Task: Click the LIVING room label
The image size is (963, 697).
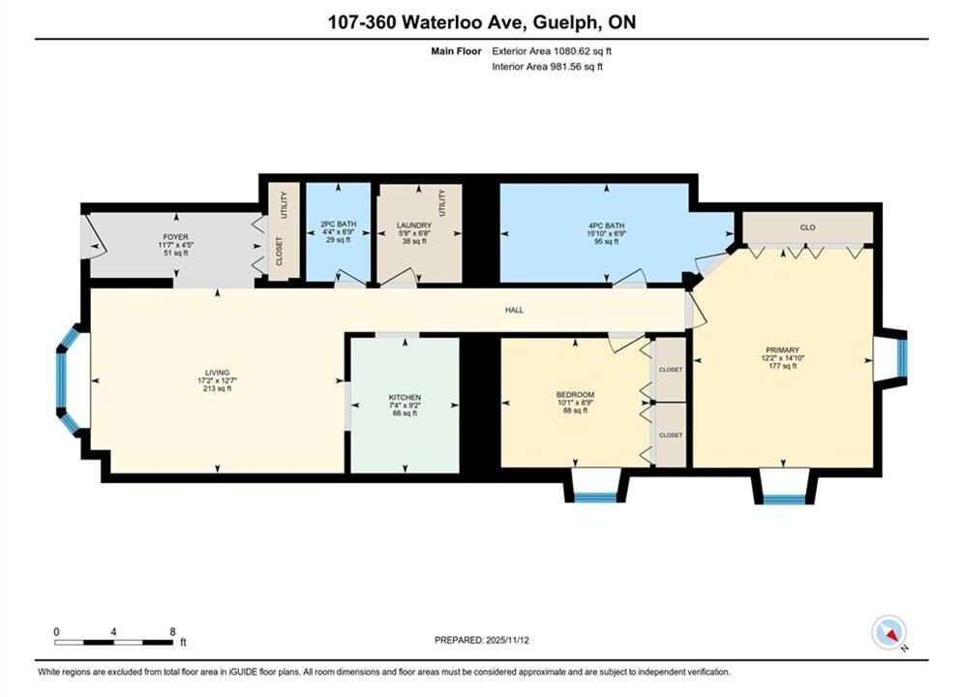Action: [x=218, y=372]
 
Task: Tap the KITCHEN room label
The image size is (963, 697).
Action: [x=405, y=397]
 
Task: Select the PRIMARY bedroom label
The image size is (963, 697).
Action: [x=782, y=350]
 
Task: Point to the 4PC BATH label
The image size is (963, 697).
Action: [x=606, y=226]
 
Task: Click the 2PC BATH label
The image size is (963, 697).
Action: [x=339, y=225]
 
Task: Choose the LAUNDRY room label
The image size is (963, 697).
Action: [x=414, y=226]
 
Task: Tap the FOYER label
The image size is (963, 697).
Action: [x=175, y=237]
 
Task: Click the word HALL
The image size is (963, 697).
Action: [x=514, y=310]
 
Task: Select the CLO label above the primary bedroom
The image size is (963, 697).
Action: [x=807, y=227]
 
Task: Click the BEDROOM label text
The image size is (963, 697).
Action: [x=576, y=394]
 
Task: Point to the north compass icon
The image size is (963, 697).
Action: [x=889, y=632]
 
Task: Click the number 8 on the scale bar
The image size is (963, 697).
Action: [x=172, y=631]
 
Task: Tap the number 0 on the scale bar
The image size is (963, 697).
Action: [x=56, y=631]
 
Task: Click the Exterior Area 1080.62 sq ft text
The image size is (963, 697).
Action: [x=552, y=51]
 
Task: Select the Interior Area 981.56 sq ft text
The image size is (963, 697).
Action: [x=547, y=67]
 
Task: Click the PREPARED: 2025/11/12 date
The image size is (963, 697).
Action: [x=482, y=640]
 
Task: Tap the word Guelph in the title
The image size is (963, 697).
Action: [x=565, y=22]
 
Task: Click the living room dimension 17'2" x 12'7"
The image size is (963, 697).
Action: [x=213, y=380]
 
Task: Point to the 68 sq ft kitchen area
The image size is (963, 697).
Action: [x=405, y=413]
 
